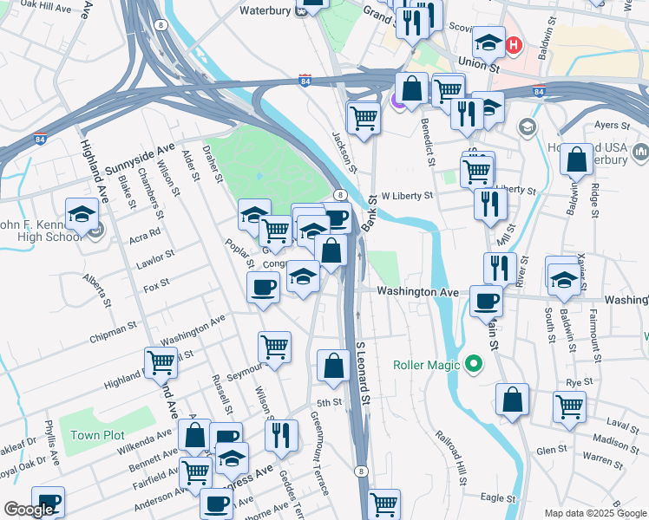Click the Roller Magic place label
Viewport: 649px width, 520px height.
(x=425, y=365)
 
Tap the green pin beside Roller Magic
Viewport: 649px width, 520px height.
(x=473, y=364)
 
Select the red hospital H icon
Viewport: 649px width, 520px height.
(x=514, y=44)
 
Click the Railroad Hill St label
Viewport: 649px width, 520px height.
(x=451, y=458)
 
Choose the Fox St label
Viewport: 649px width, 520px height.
(x=156, y=286)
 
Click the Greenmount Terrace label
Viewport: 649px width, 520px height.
(x=320, y=453)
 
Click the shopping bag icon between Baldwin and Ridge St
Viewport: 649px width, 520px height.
(x=576, y=159)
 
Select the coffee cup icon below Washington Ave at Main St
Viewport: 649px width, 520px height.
(x=486, y=301)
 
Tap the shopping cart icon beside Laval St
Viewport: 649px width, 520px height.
(x=569, y=406)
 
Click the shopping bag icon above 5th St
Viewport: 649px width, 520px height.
(x=333, y=365)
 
